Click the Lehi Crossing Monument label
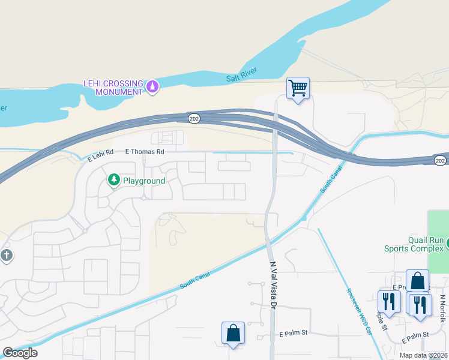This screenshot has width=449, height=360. pyautogui.click(x=113, y=88)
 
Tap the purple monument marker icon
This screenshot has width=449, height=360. pyautogui.click(x=153, y=88)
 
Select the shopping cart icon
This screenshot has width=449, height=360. pyautogui.click(x=298, y=88)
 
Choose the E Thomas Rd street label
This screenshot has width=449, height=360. pyautogui.click(x=144, y=152)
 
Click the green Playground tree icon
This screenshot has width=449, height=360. pyautogui.click(x=113, y=179)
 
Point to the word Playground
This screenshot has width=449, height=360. pyautogui.click(x=144, y=180)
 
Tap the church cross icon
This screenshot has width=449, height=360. pyautogui.click(x=6, y=256)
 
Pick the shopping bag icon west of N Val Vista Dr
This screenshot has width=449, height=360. pyautogui.click(x=232, y=334)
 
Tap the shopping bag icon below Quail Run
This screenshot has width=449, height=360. pyautogui.click(x=417, y=281)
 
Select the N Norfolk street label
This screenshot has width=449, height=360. pyautogui.click(x=442, y=308)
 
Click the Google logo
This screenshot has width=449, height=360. pyautogui.click(x=20, y=353)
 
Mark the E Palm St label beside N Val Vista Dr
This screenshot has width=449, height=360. pyautogui.click(x=294, y=334)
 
